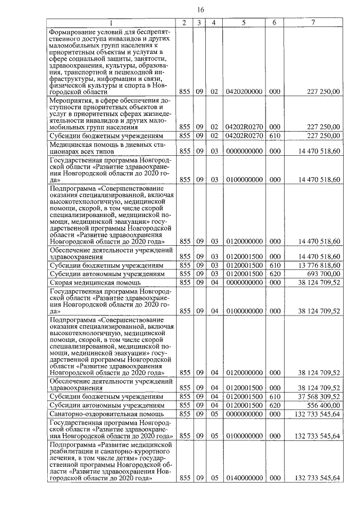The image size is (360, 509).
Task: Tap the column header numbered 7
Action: click(313, 22)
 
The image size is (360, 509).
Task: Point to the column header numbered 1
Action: click(111, 22)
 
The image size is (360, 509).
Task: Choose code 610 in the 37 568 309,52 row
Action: click(274, 396)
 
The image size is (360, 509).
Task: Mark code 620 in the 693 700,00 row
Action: click(274, 273)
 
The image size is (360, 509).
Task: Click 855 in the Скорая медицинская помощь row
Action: click(184, 282)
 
